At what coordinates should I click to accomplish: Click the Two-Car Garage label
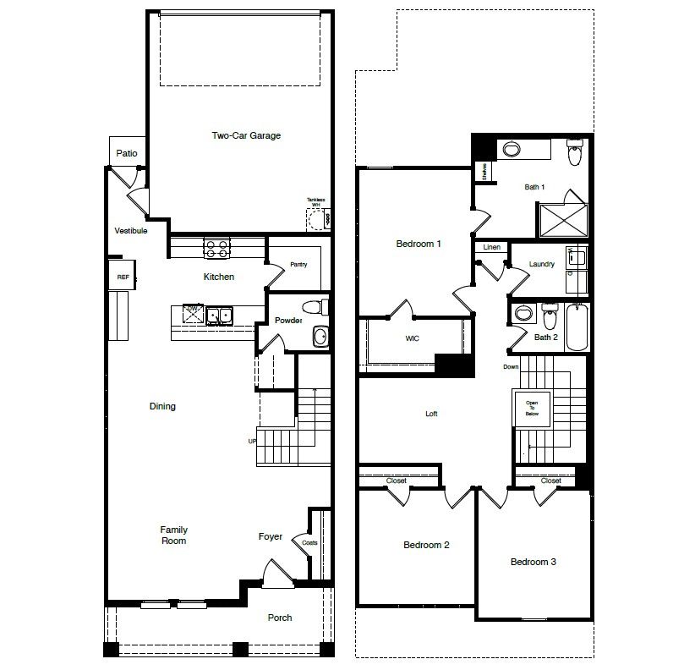(x=246, y=135)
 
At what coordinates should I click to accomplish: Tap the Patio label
(x=127, y=154)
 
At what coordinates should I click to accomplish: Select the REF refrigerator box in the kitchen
(x=123, y=277)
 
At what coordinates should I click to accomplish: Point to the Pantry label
(x=298, y=265)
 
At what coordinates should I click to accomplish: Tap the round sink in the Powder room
(x=320, y=337)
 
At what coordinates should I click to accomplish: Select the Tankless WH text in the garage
(x=315, y=203)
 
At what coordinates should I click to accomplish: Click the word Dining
(x=162, y=406)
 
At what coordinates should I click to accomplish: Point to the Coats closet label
(x=309, y=542)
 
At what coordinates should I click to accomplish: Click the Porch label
(x=280, y=618)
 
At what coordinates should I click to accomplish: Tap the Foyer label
(x=271, y=537)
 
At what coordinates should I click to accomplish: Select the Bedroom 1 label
(x=419, y=244)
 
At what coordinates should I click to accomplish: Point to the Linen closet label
(x=491, y=248)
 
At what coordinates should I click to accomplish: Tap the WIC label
(x=413, y=338)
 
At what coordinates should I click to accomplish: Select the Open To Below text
(x=532, y=409)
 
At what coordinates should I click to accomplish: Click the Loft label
(x=431, y=415)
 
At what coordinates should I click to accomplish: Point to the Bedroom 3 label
(x=533, y=562)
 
